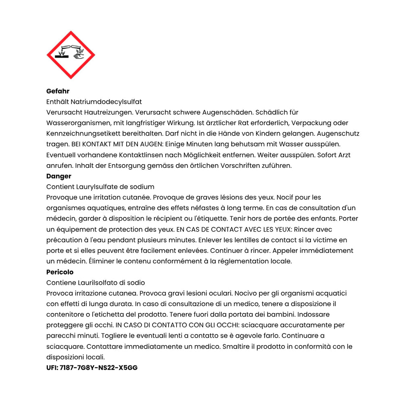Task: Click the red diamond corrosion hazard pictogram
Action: click(71, 54)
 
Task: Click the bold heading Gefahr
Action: click(58, 91)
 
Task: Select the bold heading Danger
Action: click(58, 176)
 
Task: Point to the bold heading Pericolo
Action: click(60, 272)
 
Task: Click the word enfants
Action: click(323, 219)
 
